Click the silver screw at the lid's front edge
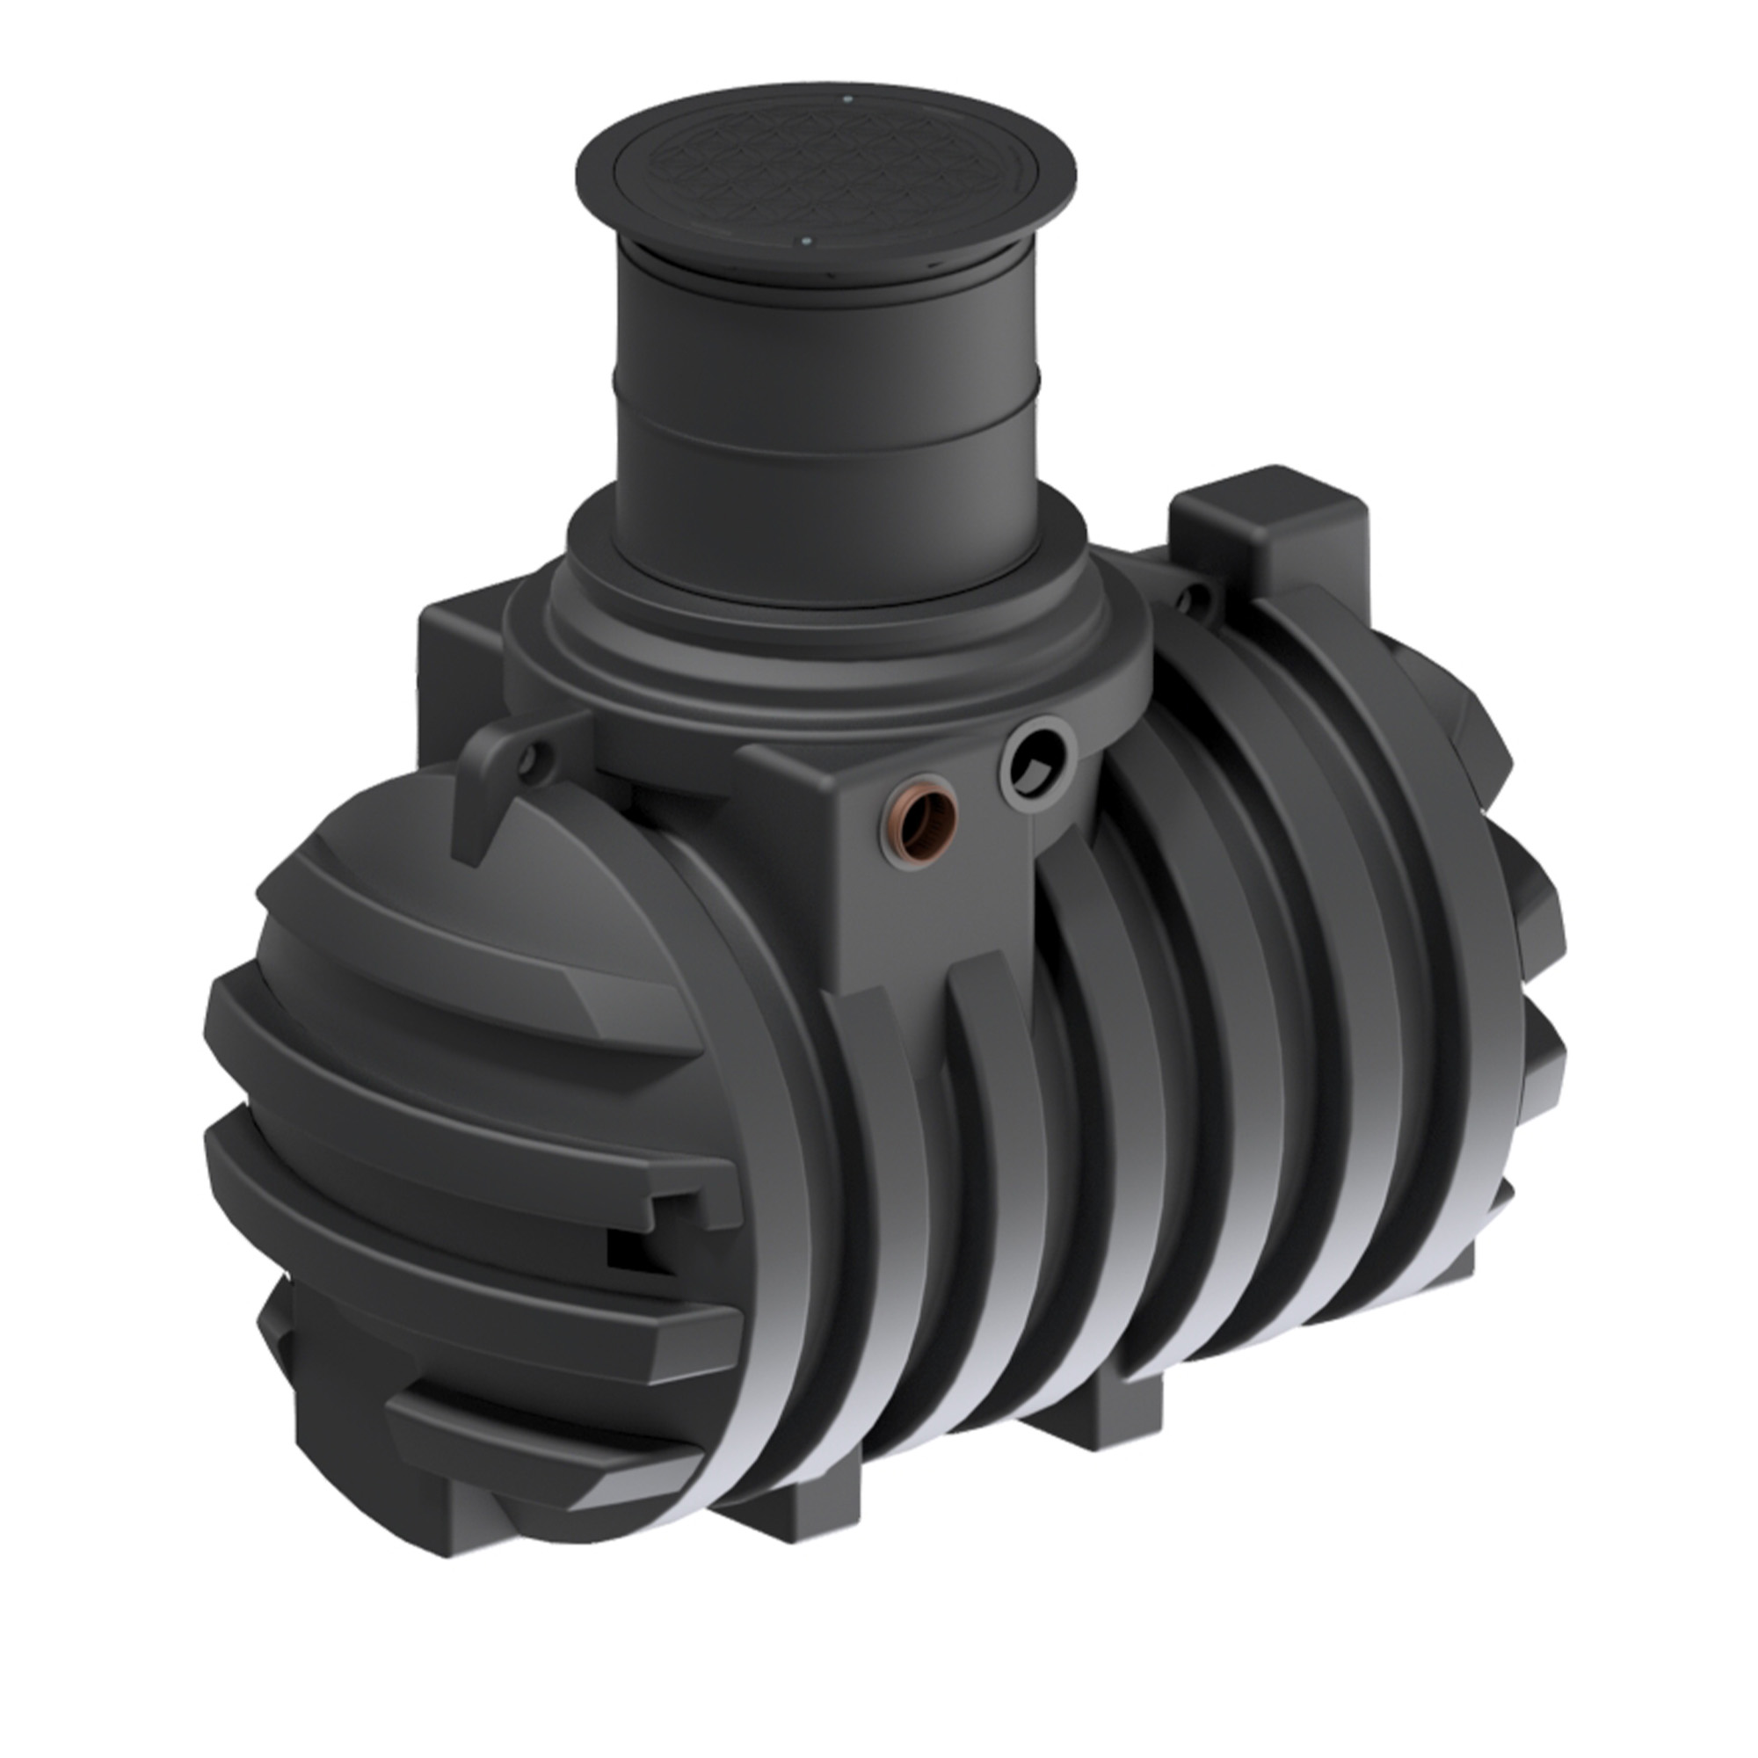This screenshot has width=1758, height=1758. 805,242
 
